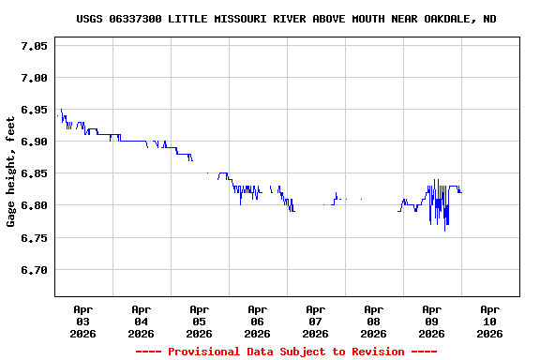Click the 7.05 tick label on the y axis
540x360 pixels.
click(34, 46)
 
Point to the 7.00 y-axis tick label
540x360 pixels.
click(34, 78)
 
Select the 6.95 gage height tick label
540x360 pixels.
click(34, 110)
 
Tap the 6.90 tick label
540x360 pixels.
click(34, 142)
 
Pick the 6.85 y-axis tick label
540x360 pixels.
click(34, 173)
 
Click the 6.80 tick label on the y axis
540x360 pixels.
click(34, 205)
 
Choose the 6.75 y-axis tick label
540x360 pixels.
click(34, 238)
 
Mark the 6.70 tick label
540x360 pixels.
click(34, 270)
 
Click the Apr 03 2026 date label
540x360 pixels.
click(82, 321)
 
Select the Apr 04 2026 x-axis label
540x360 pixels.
click(141, 321)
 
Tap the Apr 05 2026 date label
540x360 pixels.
click(199, 321)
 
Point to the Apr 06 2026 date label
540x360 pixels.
click(257, 321)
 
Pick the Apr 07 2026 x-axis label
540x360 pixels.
click(315, 321)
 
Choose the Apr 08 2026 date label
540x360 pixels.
click(373, 321)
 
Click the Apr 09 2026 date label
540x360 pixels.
click(431, 321)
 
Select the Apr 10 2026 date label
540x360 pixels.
click(489, 321)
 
